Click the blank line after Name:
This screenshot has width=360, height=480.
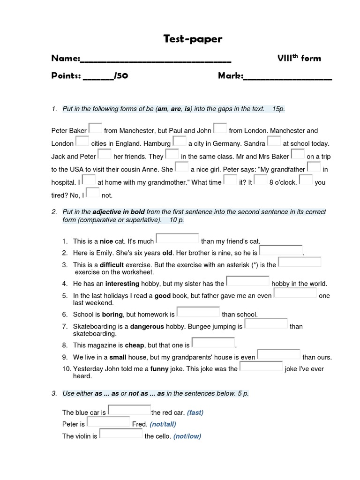(156, 59)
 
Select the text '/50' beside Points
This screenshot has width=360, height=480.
(121, 76)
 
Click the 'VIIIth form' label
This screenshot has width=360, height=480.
(299, 58)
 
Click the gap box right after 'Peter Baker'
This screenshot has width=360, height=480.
(95, 128)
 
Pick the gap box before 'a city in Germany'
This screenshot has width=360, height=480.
(180, 142)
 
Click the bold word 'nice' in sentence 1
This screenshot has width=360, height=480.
(106, 241)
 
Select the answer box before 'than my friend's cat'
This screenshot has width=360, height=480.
(177, 239)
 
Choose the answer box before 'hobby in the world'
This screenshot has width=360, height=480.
(248, 281)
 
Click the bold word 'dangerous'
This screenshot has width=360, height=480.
(147, 326)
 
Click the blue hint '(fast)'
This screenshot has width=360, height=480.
(195, 412)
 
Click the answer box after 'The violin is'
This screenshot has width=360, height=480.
(121, 434)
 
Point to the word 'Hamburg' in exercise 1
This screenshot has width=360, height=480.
(157, 144)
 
